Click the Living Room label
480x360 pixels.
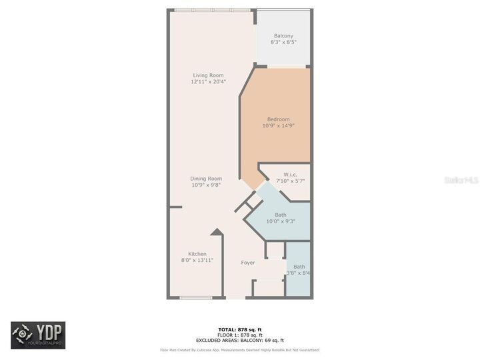pos(207,75)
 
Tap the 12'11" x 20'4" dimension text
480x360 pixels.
pos(207,82)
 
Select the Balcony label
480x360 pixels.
pos(283,35)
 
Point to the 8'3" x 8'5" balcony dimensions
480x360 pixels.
pos(283,42)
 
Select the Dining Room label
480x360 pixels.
pos(206,179)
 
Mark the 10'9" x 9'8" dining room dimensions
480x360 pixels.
pos(206,185)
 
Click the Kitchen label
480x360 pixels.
pos(197,254)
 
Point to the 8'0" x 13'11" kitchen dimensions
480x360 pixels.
pos(197,261)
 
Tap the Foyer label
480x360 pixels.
pos(248,263)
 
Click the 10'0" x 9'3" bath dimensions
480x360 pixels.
pos(281,221)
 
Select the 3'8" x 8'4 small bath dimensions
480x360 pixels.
pos(299,273)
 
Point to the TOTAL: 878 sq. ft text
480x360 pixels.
pos(240,329)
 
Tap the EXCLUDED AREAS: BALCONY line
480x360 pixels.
pos(240,340)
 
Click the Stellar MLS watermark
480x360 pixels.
pos(461,180)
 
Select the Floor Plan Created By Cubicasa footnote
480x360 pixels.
pos(240,349)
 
